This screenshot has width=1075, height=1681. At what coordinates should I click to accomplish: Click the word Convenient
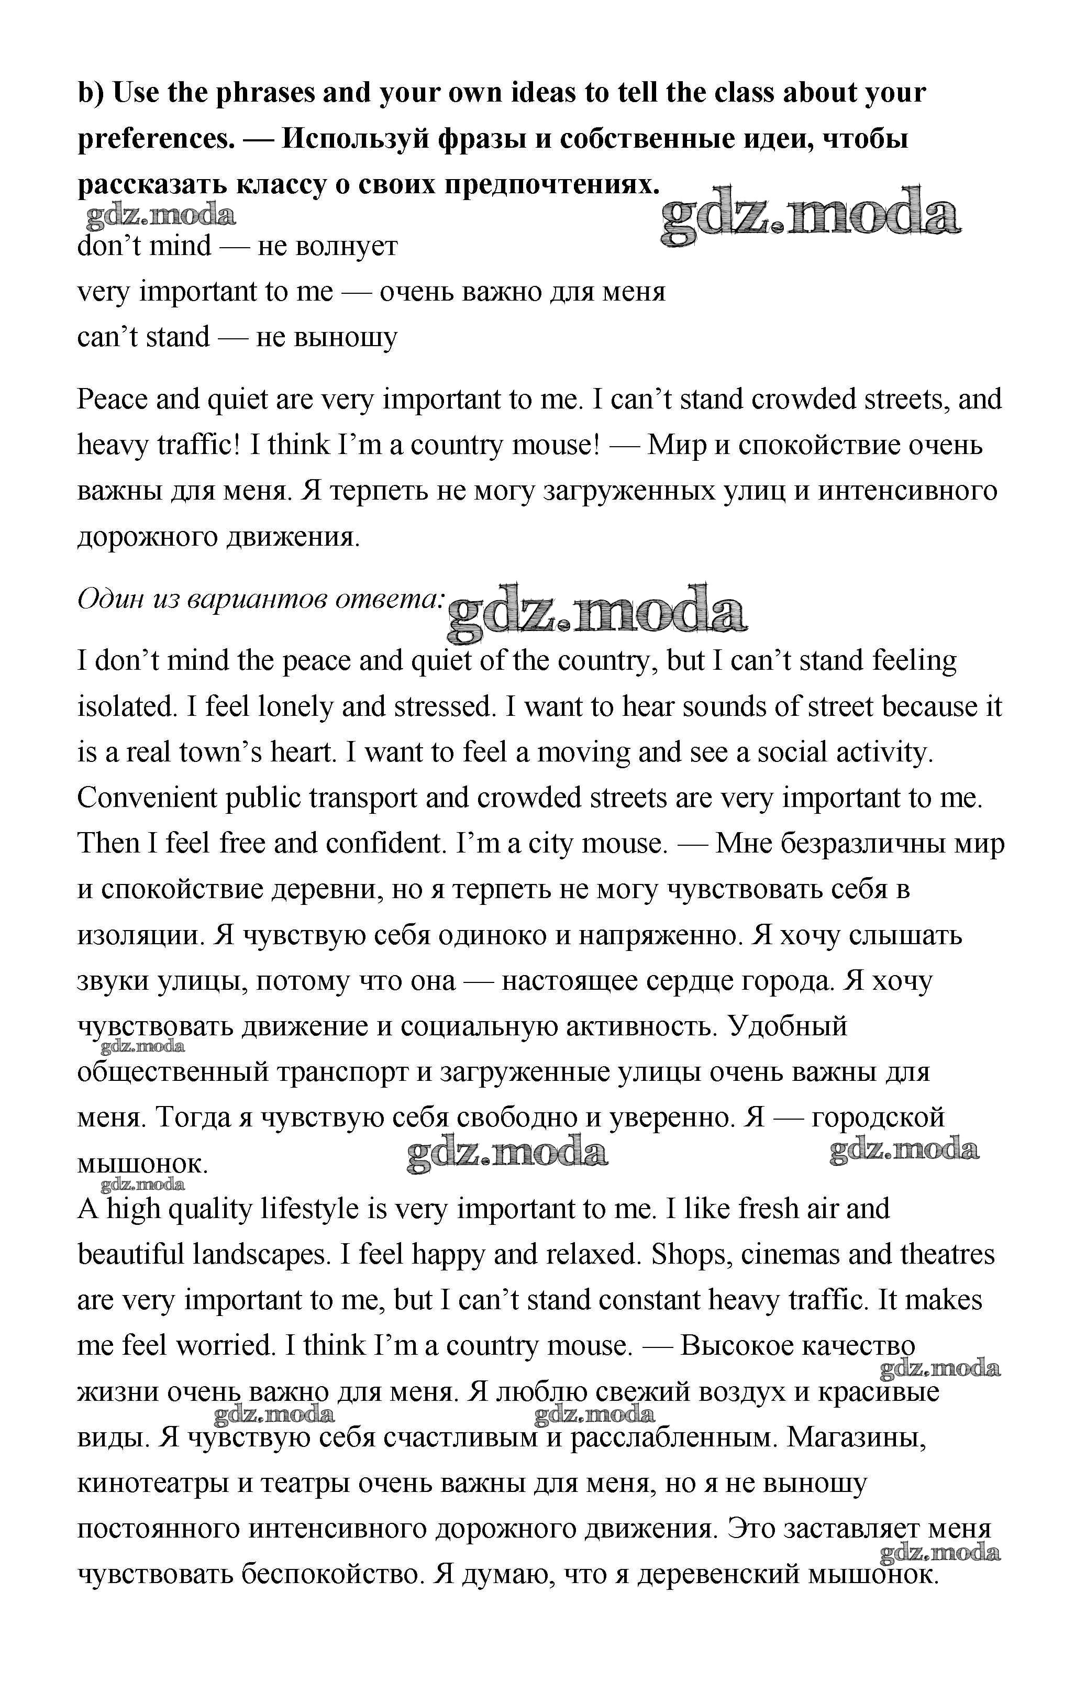pyautogui.click(x=147, y=798)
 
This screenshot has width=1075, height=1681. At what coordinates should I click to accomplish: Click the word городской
pyautogui.click(x=878, y=1117)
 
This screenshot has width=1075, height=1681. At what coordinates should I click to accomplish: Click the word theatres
pyautogui.click(x=947, y=1255)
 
